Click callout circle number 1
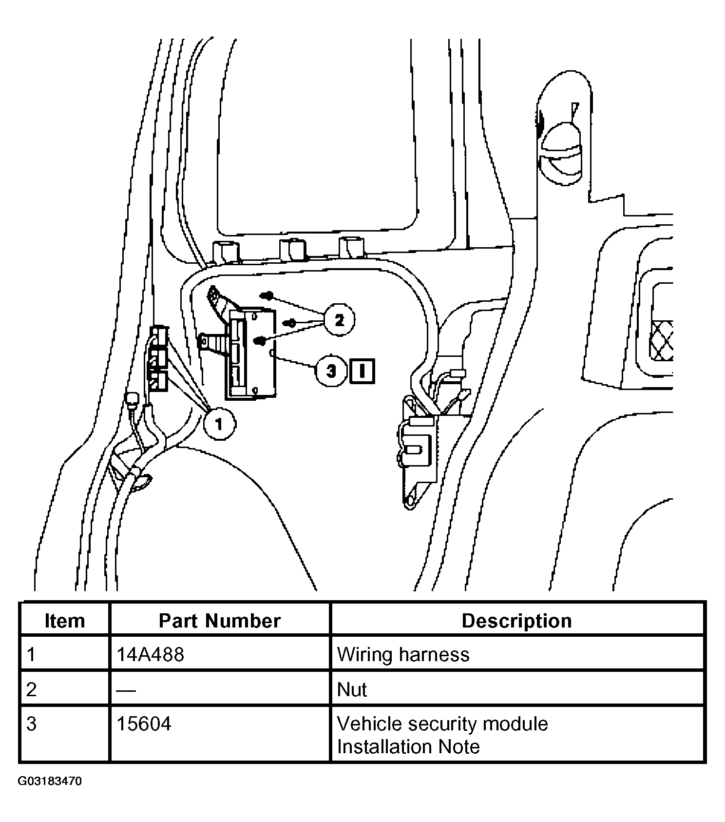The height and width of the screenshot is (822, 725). coord(219,424)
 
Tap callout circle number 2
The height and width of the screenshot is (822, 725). coord(339,320)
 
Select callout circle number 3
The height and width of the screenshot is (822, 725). coord(331,371)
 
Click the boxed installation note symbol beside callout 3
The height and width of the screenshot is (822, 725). coord(362,371)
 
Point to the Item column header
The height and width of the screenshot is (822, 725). coord(64,621)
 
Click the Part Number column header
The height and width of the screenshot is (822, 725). coord(220,621)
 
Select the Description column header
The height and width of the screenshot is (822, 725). coord(516,621)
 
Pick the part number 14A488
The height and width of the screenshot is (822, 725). coord(150,654)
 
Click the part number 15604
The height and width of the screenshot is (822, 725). coord(144,724)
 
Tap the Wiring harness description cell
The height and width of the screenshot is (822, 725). coord(403,654)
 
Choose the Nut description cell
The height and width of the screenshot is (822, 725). coord(352,689)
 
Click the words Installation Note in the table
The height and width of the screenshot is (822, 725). coord(408,746)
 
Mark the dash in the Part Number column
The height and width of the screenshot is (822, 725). coord(126,690)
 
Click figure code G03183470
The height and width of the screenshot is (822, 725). coord(50,782)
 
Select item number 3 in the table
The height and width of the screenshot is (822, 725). coord(31,724)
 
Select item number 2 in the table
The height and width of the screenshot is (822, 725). coord(31,689)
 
